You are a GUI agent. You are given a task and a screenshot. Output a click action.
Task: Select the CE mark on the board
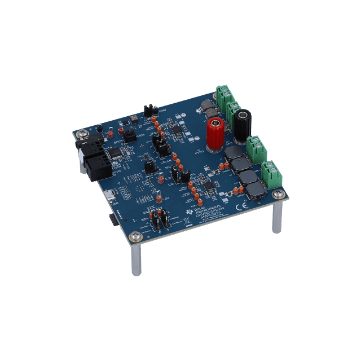tap(254, 208)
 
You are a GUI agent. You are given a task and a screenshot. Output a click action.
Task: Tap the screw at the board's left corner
tap(83, 133)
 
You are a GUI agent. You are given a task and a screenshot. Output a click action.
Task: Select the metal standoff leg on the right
tap(276, 217)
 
